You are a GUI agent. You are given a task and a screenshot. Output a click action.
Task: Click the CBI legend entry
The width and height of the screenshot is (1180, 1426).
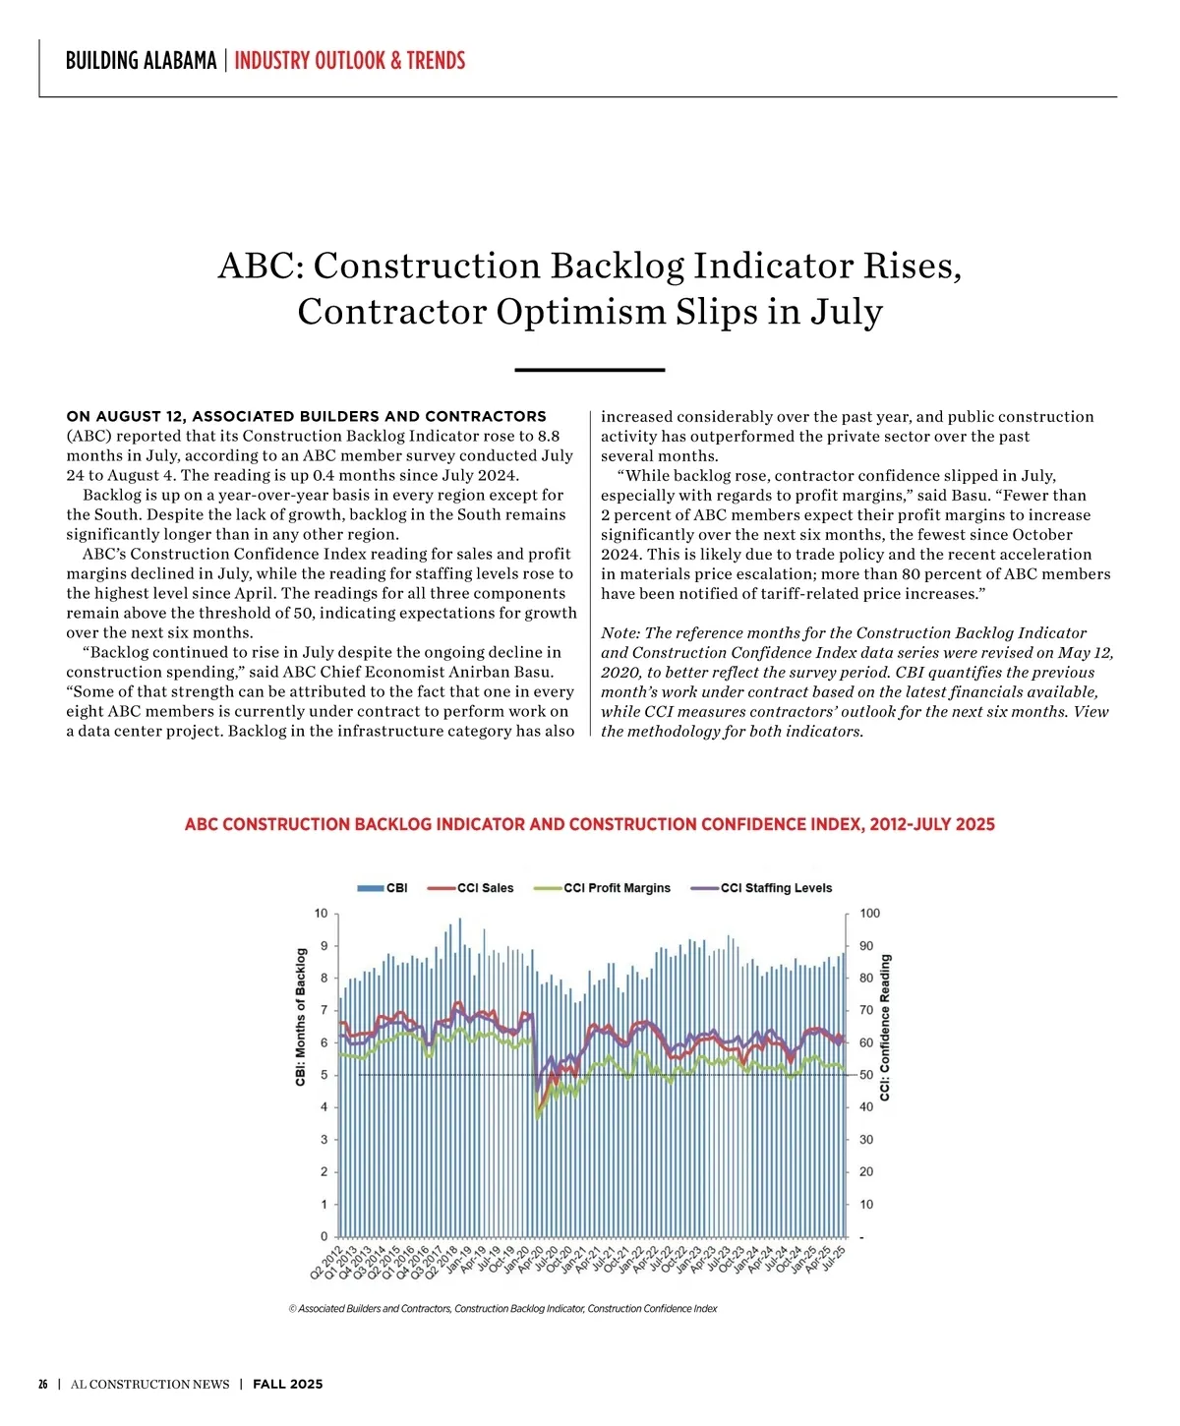384,888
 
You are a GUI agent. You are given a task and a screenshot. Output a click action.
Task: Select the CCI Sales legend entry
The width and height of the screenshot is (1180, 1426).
472,888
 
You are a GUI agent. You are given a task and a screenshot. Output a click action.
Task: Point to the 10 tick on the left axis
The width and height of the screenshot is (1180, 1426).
321,914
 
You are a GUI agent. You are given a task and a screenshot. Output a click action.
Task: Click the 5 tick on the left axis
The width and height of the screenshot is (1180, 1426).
324,1075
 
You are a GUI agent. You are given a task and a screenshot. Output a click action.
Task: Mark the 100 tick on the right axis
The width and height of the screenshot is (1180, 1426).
870,914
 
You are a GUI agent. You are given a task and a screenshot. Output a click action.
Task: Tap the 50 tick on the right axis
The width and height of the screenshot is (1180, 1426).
866,1075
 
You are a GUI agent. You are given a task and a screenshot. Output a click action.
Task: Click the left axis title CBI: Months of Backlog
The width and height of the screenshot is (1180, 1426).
302,1017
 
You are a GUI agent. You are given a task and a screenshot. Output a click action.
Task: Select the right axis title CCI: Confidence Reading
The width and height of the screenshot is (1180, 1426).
885,1027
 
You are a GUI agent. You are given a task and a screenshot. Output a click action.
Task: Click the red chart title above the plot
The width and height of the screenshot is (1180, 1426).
589,824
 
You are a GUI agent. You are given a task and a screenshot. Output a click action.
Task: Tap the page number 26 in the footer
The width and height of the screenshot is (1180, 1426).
43,1384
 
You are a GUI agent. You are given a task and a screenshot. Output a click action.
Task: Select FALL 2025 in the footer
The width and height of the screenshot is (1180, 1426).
287,1384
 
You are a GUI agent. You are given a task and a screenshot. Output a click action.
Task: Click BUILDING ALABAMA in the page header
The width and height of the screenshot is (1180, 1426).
141,61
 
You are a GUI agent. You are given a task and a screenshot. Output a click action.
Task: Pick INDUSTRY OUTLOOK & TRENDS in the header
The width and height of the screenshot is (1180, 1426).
349,61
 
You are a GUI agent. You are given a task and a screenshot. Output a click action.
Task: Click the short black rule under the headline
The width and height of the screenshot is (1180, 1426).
589,370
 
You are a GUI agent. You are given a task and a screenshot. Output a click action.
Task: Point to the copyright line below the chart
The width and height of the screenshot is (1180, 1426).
502,1309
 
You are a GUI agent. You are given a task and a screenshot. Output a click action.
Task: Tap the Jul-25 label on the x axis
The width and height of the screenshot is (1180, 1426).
834,1259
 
